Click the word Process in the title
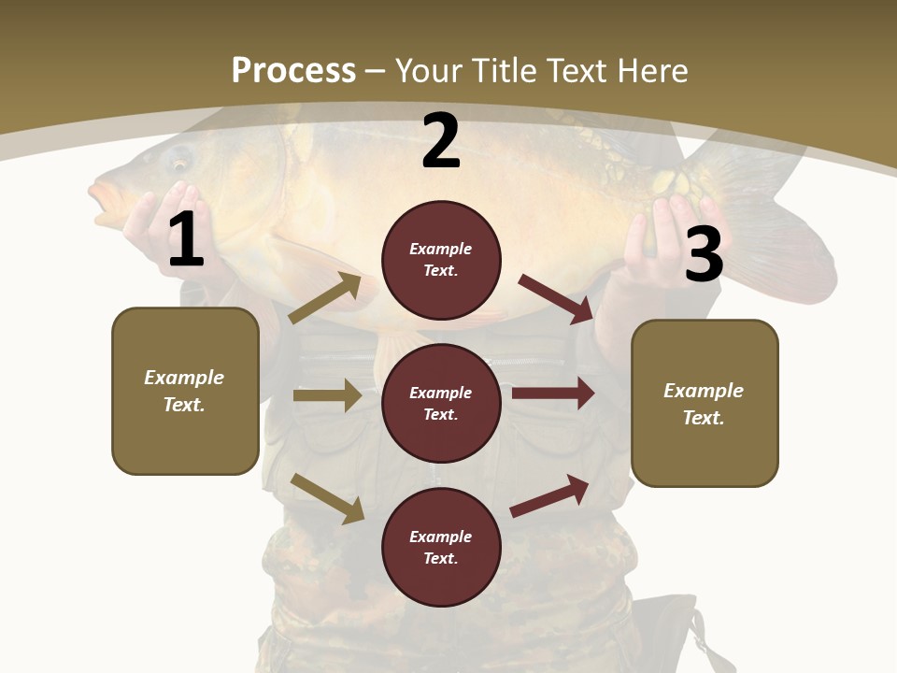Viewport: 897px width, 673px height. pos(293,70)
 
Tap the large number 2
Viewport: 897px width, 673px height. pos(441,141)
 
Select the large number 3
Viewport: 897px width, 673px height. pos(704,255)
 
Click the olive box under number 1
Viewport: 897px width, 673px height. pos(185,391)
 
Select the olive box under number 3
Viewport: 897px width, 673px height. pos(705,403)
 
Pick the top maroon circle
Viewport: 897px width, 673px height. pos(441,260)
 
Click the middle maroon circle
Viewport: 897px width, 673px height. pos(441,403)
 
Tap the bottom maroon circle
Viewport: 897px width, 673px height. pos(441,547)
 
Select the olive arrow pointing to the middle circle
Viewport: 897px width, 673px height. pos(327,395)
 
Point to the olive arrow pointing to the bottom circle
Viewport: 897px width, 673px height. pos(328,498)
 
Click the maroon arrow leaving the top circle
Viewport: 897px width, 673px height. pos(556,298)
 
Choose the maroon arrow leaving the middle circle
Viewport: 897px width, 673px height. pos(553,393)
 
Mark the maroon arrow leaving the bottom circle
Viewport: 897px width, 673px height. pos(550,495)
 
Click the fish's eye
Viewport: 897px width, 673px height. pos(178,160)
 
